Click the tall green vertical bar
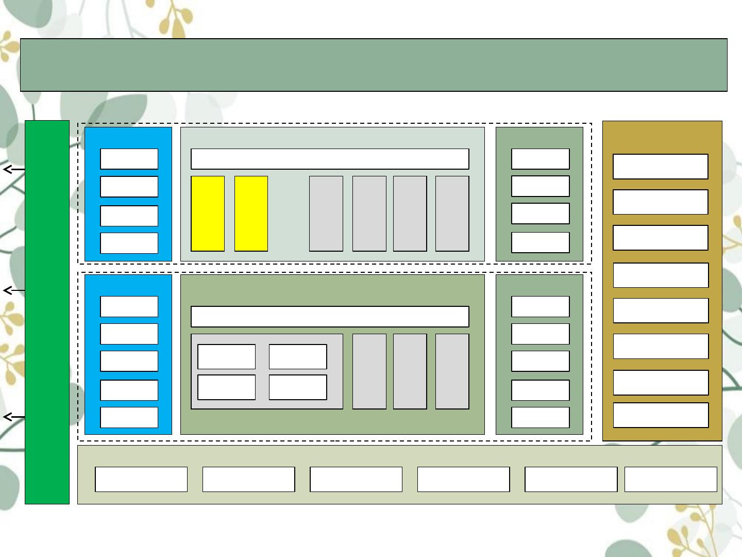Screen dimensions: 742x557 (47, 312)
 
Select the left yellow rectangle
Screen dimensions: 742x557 (208, 214)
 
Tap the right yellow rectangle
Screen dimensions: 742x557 (251, 214)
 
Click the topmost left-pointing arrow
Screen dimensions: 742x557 (13, 169)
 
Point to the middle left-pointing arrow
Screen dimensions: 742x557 (13, 290)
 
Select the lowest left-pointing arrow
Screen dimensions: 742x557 (13, 417)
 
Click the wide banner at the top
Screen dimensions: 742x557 (374, 65)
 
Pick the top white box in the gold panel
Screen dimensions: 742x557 (660, 167)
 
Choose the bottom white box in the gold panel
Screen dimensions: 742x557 (660, 415)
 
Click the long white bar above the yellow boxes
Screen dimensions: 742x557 (330, 159)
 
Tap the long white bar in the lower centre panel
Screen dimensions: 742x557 (330, 317)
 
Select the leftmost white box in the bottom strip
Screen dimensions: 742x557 (141, 479)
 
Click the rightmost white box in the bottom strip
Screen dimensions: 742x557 (670, 479)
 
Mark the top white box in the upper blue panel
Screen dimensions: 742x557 (129, 159)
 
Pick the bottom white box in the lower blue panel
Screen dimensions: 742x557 (129, 417)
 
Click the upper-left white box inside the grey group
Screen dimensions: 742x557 (226, 357)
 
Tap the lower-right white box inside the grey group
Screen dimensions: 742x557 (298, 387)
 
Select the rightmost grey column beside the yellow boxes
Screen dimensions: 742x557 (452, 214)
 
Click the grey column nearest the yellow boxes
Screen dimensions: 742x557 (326, 214)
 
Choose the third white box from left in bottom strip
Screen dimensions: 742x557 (356, 479)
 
